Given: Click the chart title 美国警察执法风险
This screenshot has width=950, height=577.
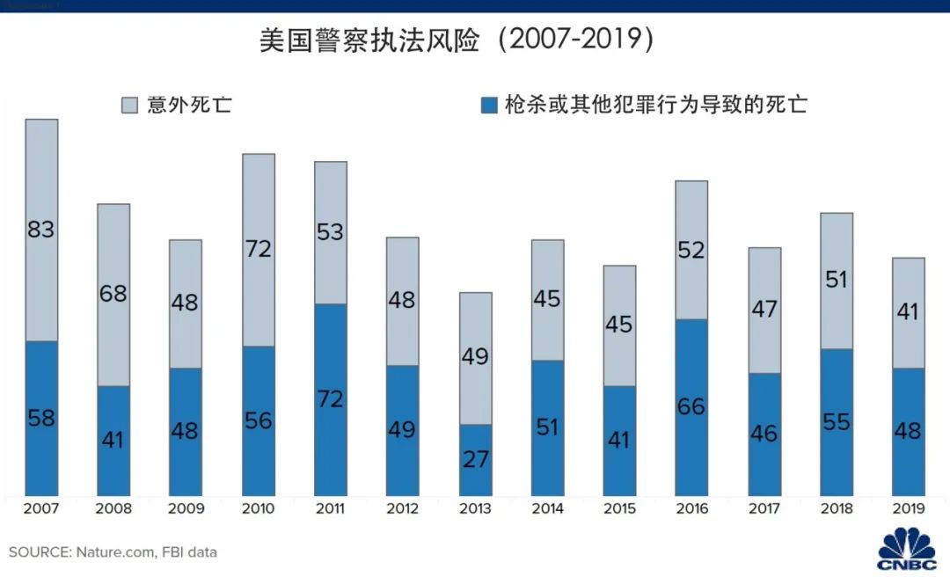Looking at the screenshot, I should click(369, 41).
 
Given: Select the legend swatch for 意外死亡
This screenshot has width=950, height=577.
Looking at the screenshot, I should click(128, 106).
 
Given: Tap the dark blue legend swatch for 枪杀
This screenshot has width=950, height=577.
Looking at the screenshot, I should click(489, 106).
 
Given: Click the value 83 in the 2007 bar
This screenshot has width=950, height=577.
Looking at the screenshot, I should click(41, 230).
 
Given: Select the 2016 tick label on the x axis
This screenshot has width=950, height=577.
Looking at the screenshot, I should click(691, 508).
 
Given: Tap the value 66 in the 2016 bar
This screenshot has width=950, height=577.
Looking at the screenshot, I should click(691, 406).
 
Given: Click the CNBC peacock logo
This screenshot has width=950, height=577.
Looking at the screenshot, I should click(907, 547).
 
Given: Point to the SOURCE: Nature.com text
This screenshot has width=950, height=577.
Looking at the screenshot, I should click(113, 552).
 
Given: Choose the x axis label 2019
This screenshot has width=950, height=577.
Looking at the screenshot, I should click(908, 508).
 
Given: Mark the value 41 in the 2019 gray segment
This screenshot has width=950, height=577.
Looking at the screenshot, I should click(908, 312).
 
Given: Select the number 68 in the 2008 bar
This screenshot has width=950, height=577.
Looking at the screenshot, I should click(113, 293).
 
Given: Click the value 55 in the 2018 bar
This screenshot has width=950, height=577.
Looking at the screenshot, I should click(836, 422).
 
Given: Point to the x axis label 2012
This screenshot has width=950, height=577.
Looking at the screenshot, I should click(403, 508).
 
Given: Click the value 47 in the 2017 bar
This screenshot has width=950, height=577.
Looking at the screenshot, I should click(764, 309).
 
